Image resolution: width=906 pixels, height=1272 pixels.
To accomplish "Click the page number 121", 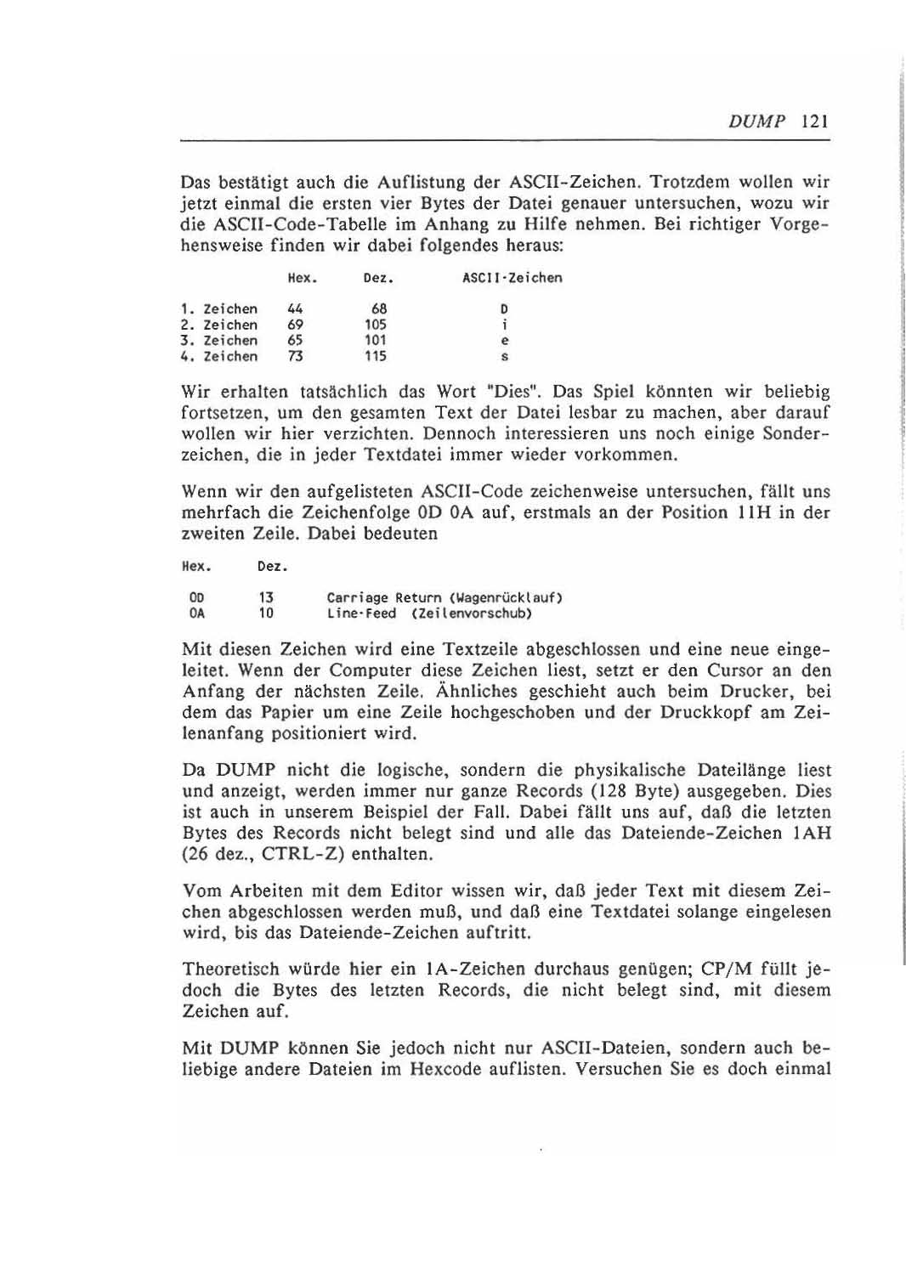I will tap(813, 121).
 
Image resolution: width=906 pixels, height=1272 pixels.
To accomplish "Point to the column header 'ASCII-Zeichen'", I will tap(512, 278).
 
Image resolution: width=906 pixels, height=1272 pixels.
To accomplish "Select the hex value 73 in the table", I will tap(296, 357).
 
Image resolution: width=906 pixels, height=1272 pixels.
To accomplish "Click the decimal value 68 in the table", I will tap(379, 309).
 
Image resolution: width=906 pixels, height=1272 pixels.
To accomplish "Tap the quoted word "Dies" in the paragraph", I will tap(522, 393).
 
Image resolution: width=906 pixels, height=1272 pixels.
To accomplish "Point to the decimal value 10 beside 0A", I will tap(266, 613).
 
